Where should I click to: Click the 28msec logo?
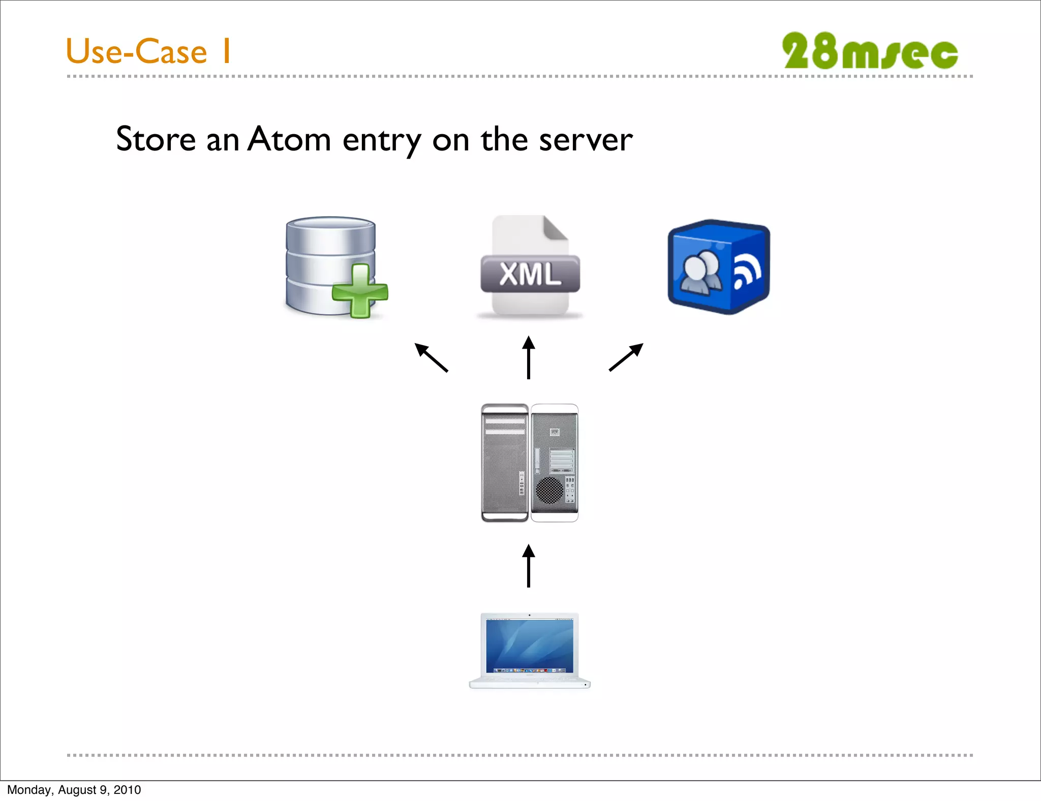coord(870,51)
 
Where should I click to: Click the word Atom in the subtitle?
coord(289,139)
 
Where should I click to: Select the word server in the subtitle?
coord(586,139)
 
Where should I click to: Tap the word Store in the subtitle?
coord(156,139)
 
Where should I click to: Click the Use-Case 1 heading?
coord(148,51)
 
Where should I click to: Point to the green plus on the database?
coord(360,291)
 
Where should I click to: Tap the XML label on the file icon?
coord(530,274)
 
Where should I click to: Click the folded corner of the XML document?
coord(556,227)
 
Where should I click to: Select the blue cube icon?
coord(718,267)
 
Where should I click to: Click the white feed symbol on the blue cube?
coord(747,273)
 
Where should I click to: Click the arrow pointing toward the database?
coord(431,357)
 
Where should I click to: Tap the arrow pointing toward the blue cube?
coord(626,357)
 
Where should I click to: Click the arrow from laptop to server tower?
coord(529,566)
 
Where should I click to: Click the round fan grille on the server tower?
coord(549,489)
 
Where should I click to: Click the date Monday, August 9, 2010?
coord(74,790)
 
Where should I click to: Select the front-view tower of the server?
coord(505,463)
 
